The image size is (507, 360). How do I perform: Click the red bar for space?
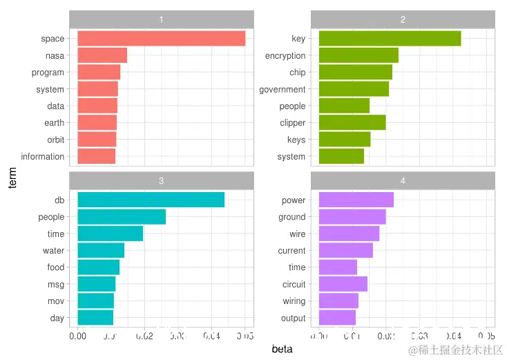click(161, 39)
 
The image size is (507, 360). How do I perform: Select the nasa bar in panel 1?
click(102, 55)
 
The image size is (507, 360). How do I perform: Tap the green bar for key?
click(390, 39)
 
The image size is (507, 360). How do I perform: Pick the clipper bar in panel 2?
click(352, 123)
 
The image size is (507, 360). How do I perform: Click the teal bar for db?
click(151, 200)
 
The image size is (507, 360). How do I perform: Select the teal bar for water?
click(101, 250)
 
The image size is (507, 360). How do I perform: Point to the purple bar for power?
click(356, 200)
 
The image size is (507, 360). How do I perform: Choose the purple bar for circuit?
click(343, 284)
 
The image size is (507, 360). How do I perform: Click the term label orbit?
click(55, 140)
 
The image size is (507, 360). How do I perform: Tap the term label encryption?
click(285, 55)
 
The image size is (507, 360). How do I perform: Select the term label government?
click(282, 89)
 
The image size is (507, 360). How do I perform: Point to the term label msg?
click(56, 284)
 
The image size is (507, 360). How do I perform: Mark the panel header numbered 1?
click(161, 19)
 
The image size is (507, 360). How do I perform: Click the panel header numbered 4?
click(403, 181)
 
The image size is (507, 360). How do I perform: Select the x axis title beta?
click(282, 349)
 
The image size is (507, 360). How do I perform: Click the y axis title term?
click(12, 177)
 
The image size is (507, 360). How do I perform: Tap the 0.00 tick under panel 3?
click(77, 337)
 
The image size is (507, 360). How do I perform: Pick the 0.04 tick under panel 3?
click(211, 337)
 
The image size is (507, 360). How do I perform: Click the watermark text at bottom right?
click(456, 350)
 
